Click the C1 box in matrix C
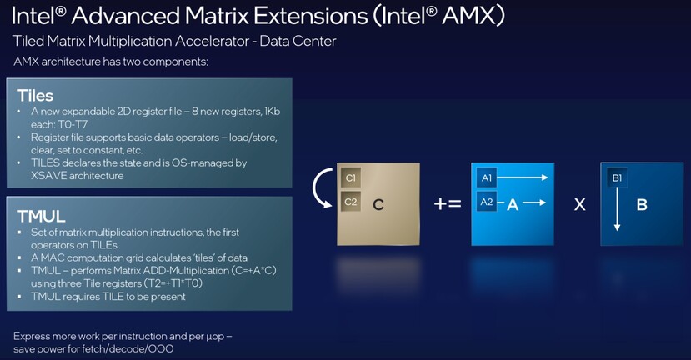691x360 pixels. [351, 178]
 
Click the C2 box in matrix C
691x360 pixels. [351, 202]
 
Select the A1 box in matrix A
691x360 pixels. [487, 178]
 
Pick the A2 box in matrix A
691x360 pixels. [487, 202]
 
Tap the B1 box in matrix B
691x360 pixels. [617, 178]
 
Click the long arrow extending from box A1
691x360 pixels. [523, 177]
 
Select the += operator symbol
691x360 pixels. [448, 204]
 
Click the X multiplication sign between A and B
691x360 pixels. [579, 204]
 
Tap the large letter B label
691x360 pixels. [642, 204]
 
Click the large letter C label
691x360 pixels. [378, 204]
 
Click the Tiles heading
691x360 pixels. [35, 96]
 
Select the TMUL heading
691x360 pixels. [41, 217]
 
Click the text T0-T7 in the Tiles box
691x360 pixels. [73, 125]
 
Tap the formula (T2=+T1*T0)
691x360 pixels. [161, 283]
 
